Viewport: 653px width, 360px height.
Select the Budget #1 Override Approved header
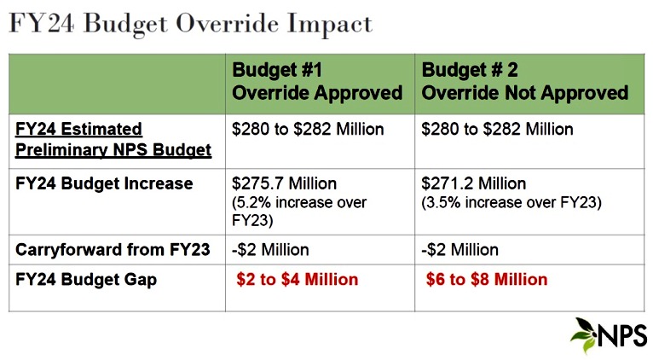tap(317, 81)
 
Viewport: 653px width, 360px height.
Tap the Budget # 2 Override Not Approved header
tap(525, 81)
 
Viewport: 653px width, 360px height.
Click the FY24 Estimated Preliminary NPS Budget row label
tap(113, 140)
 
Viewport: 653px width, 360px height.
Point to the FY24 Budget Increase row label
tap(104, 183)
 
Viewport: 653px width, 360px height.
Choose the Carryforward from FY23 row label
tap(113, 251)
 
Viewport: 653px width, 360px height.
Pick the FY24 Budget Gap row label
tap(86, 279)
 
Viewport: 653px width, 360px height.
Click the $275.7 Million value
tap(285, 183)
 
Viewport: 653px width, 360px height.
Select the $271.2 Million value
tap(474, 183)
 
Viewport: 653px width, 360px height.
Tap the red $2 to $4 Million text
tap(298, 279)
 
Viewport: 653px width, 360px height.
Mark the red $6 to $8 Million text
tap(487, 279)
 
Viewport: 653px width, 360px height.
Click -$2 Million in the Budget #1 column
tap(271, 251)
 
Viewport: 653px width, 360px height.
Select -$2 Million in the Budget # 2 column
tap(460, 251)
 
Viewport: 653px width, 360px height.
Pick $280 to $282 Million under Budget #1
tap(309, 130)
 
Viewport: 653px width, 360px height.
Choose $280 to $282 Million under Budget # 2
tap(498, 130)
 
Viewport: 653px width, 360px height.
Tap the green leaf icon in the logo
tap(585, 335)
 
